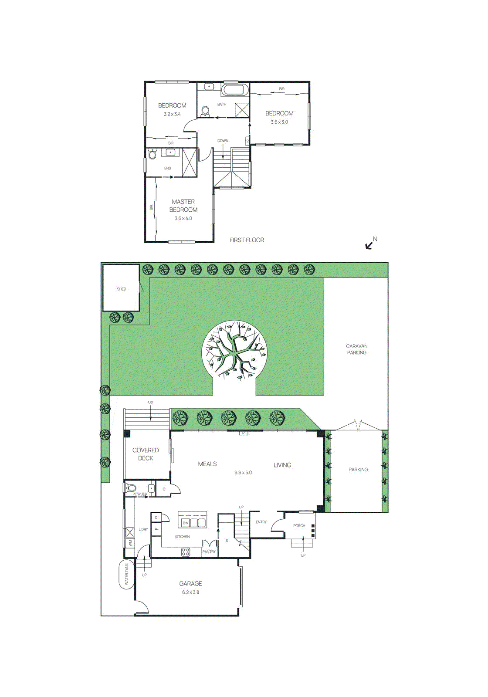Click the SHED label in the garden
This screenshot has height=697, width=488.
tap(121, 289)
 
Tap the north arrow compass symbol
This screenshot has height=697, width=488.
tap(370, 244)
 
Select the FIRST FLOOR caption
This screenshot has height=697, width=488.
tap(247, 240)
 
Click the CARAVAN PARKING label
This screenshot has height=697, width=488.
tap(356, 349)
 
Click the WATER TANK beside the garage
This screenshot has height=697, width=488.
tap(127, 574)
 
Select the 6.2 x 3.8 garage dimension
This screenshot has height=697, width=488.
tap(190, 592)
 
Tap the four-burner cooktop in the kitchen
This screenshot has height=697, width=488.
tap(186, 552)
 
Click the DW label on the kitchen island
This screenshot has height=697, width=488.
tap(185, 523)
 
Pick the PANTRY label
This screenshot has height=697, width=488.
tap(209, 552)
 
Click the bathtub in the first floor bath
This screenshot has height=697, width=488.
tap(235, 90)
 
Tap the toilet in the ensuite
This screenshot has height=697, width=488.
tap(152, 155)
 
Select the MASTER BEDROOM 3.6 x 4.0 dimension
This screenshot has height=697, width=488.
tap(183, 219)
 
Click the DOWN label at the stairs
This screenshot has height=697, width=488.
tap(223, 141)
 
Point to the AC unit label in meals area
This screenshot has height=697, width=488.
tap(244, 433)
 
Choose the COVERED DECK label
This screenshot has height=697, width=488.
tap(146, 454)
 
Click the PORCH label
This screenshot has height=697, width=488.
tap(299, 526)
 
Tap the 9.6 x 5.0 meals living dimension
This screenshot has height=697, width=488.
tap(243, 473)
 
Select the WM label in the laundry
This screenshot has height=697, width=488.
tap(130, 543)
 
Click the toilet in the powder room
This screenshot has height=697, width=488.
tap(131, 488)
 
